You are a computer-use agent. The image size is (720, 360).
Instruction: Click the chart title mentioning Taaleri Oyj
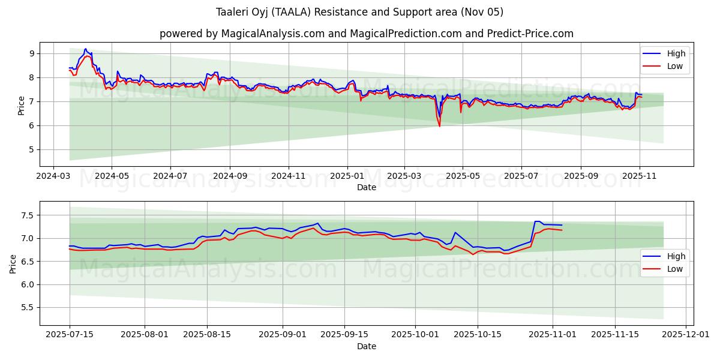point(359,12)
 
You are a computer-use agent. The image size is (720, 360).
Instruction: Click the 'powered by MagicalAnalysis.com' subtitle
point(366,34)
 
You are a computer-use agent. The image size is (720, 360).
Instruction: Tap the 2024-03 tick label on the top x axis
point(53,176)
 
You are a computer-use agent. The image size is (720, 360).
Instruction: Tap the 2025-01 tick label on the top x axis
point(347,176)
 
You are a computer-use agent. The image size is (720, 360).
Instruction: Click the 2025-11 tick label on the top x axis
point(640,176)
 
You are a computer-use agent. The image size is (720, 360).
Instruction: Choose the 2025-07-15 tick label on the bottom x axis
point(70,335)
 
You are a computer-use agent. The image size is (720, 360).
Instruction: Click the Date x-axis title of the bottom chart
point(366,346)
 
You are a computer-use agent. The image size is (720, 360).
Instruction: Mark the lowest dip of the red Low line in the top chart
point(439,126)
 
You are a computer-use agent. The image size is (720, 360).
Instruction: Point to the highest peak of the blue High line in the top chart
point(85,49)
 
